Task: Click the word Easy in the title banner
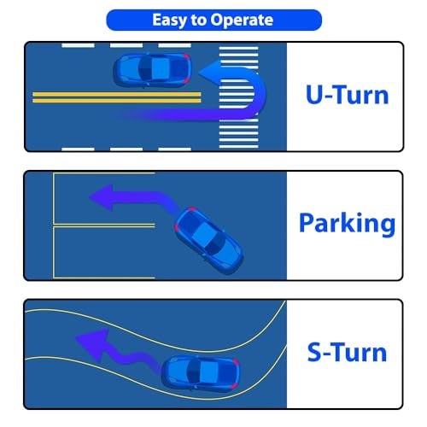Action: tap(169, 20)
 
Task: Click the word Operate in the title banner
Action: tap(242, 20)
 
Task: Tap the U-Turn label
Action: tap(347, 95)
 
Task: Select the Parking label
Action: tap(347, 225)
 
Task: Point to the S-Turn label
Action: tap(347, 352)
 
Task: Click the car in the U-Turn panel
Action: tap(152, 70)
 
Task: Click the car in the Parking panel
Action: tap(208, 241)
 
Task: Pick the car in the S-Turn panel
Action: tap(201, 373)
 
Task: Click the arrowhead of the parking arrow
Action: tap(102, 197)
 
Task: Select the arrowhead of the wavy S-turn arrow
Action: tap(92, 345)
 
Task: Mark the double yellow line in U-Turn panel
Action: tap(117, 97)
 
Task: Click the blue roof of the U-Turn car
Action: tap(160, 70)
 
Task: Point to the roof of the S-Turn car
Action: tap(208, 372)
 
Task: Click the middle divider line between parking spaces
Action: tap(104, 225)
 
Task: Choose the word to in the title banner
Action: tap(198, 20)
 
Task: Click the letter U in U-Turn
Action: tap(314, 94)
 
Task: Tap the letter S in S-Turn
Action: tap(315, 352)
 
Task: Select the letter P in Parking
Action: tap(307, 223)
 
